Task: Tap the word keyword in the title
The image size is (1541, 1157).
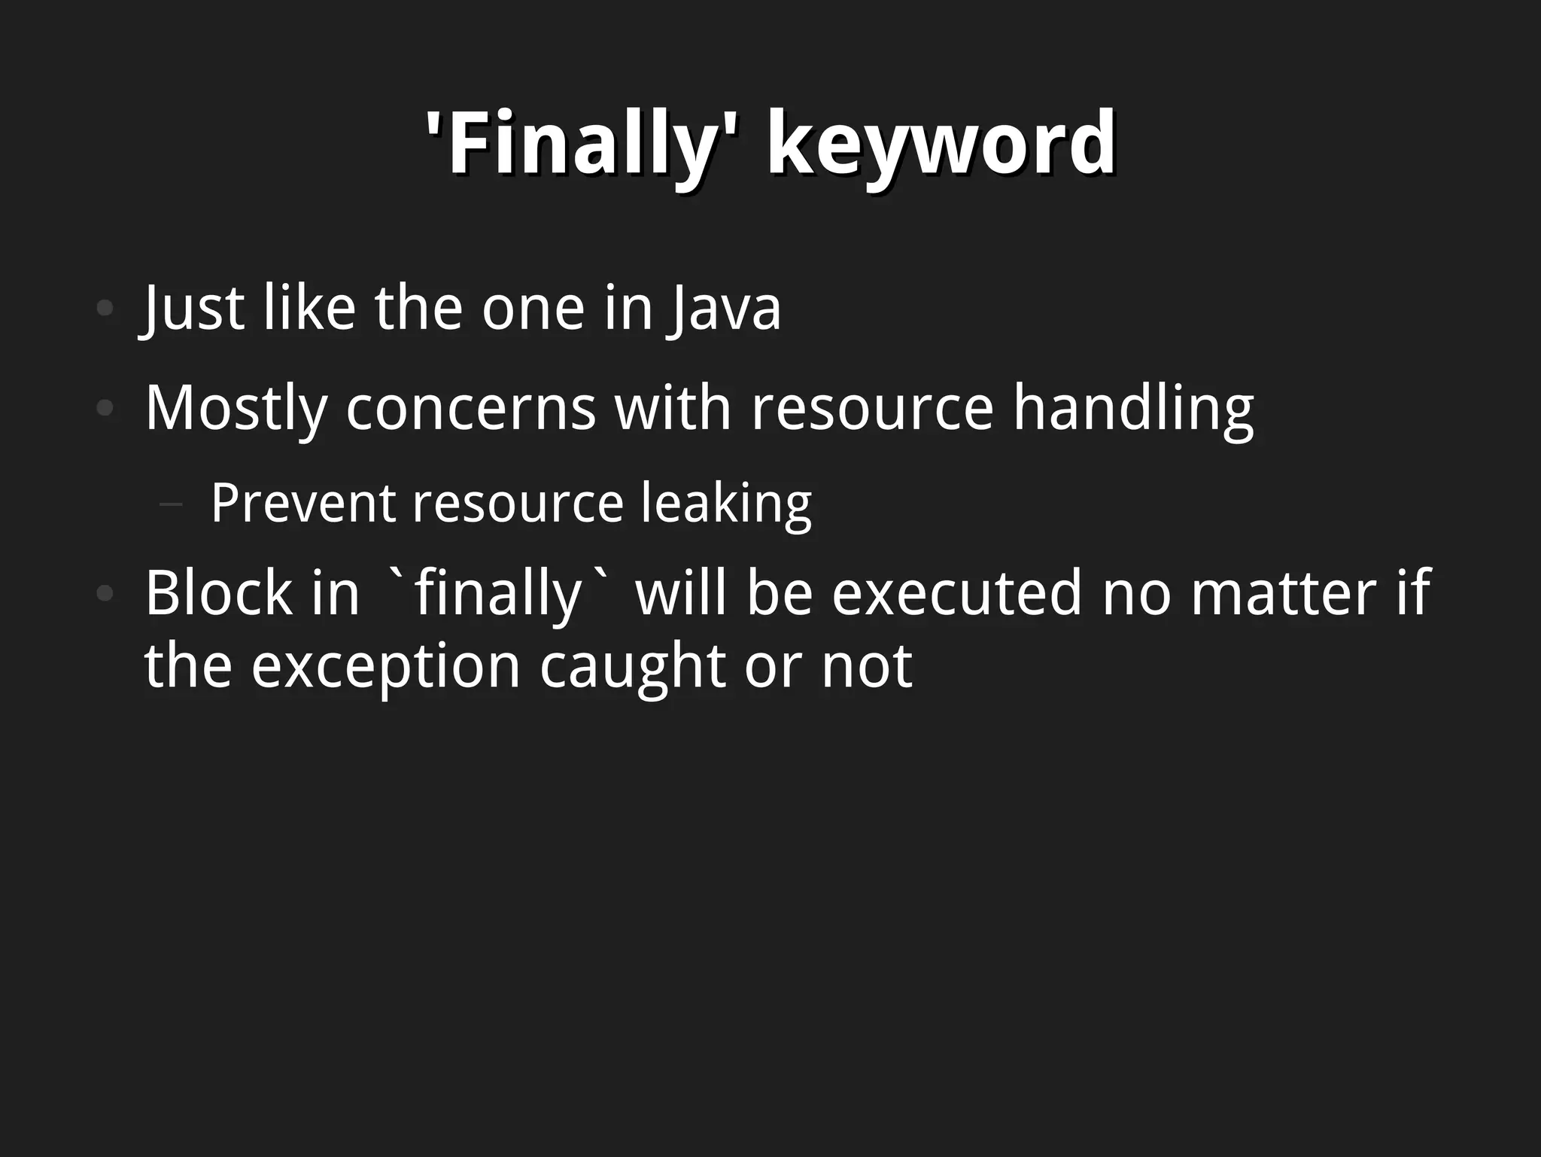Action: (x=941, y=143)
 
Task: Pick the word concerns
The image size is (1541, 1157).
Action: (x=470, y=409)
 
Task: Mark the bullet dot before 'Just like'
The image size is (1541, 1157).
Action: (x=105, y=308)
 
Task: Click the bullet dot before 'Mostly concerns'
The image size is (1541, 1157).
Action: (x=105, y=409)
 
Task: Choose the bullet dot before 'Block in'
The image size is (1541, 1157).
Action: (x=105, y=593)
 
